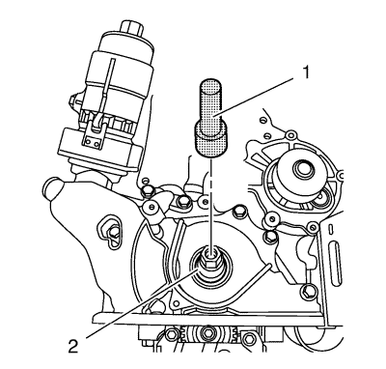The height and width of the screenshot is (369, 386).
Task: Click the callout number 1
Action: (x=306, y=72)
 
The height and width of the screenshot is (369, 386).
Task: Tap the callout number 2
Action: (x=73, y=346)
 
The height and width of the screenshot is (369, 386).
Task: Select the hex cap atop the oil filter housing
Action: (x=131, y=27)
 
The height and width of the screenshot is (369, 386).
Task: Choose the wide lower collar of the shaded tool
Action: (x=210, y=142)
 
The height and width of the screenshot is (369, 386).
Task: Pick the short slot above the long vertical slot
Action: (x=330, y=230)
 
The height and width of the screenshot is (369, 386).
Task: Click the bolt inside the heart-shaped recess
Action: (x=112, y=231)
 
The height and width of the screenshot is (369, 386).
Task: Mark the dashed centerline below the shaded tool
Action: (x=211, y=206)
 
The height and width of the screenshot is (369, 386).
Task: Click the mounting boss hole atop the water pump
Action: (x=290, y=133)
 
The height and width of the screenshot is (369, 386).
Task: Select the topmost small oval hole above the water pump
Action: (x=263, y=120)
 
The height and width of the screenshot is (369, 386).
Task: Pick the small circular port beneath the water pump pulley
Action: (x=321, y=198)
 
